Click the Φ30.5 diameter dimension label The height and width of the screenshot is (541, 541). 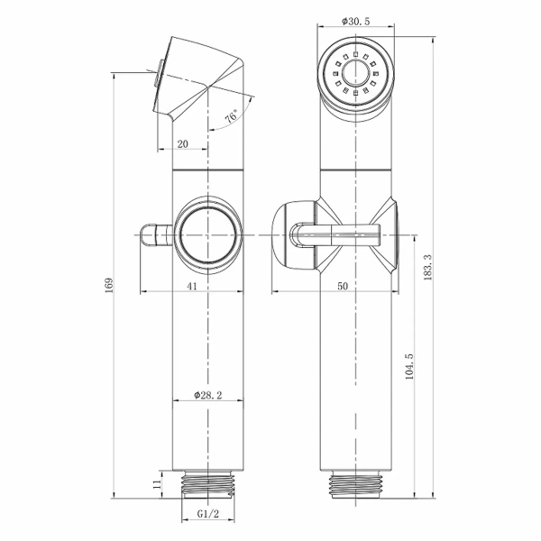point(355,22)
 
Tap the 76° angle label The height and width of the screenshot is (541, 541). point(232,116)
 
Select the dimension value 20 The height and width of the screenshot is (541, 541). point(182,144)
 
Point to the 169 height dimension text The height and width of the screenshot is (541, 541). point(109,285)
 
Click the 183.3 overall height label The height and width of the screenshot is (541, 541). point(427,268)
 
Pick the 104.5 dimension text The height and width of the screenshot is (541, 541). point(409,366)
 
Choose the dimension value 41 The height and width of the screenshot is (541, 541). point(192,286)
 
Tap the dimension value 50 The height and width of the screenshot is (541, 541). point(343,286)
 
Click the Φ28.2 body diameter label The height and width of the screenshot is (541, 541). point(208,395)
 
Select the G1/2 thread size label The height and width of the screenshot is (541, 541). point(208,514)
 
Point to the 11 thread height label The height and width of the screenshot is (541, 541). point(157,484)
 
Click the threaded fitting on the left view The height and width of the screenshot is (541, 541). point(208,484)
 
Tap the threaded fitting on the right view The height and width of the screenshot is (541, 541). point(356,484)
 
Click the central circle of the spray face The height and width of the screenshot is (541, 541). point(356,72)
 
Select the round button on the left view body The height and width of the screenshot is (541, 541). point(208,235)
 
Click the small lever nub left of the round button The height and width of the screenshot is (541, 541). point(156,235)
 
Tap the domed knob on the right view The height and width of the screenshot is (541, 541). point(293,235)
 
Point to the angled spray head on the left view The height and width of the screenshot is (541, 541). point(198,80)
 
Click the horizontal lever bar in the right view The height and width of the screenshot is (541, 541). point(355,234)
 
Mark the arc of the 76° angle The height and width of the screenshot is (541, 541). point(236,119)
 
